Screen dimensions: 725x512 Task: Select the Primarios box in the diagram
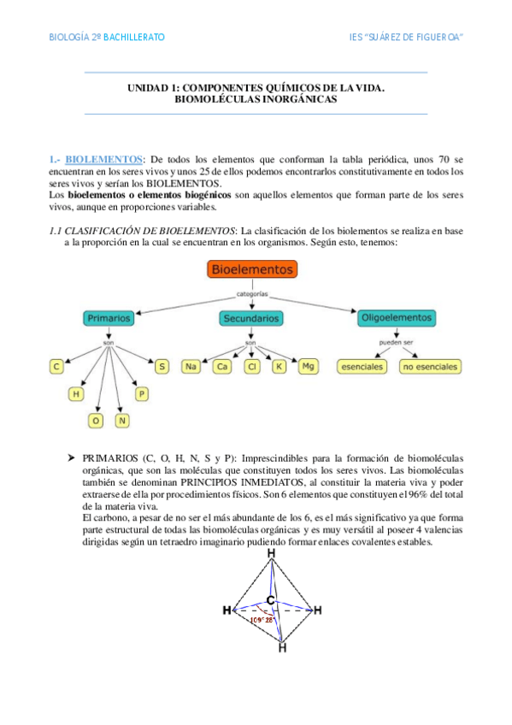[x=109, y=318]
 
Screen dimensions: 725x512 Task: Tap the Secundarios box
[x=251, y=318]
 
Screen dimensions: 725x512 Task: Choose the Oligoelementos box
[x=396, y=318]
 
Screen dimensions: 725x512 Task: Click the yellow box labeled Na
[x=192, y=366]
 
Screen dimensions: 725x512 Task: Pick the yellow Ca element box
[x=222, y=366]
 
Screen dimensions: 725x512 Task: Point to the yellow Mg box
[x=309, y=366]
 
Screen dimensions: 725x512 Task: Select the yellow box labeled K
[x=280, y=366]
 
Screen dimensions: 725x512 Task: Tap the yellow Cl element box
[x=251, y=366]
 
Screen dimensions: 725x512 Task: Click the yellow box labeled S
[x=162, y=366]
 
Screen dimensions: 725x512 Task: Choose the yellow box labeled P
[x=143, y=393]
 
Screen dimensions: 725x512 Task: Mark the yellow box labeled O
[x=96, y=420]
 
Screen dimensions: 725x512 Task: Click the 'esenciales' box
[x=363, y=366]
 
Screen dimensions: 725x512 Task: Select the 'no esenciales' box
[x=431, y=366]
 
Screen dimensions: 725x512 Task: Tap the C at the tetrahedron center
[x=270, y=600]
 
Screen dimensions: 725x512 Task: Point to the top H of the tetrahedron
[x=271, y=554]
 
